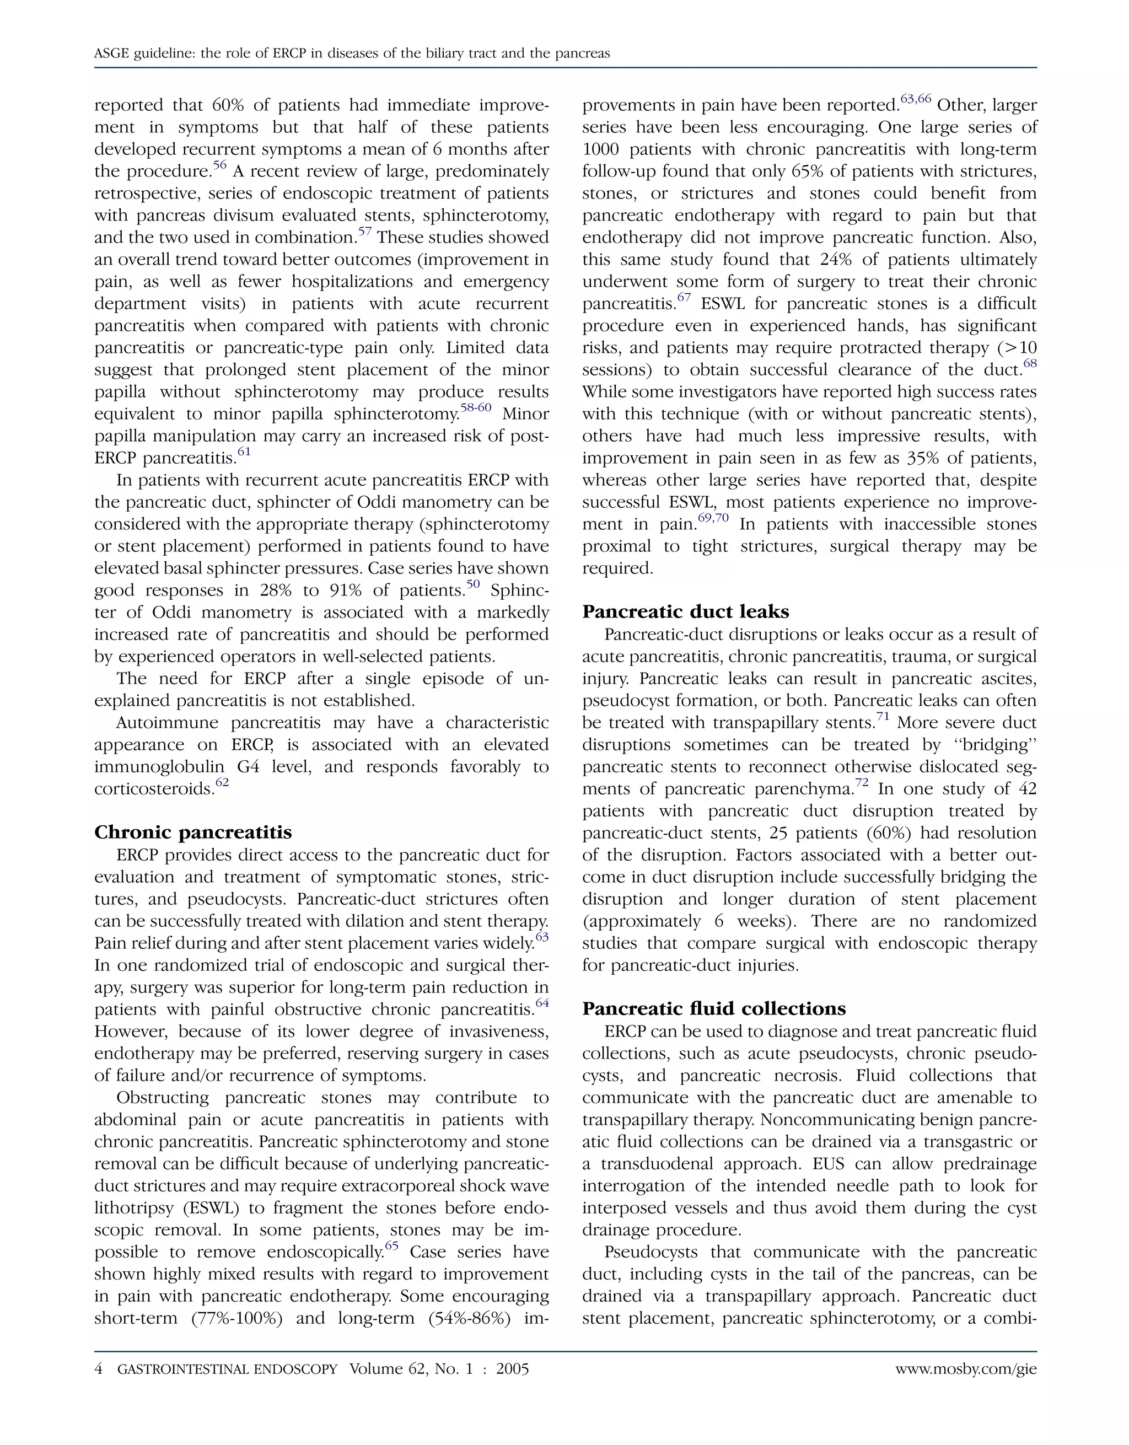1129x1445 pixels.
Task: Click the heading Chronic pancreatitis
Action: pyautogui.click(x=192, y=832)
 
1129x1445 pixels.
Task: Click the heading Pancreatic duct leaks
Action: pyautogui.click(x=685, y=611)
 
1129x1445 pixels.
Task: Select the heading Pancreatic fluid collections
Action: pyautogui.click(x=714, y=1008)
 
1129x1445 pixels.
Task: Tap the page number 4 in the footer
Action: pyautogui.click(x=99, y=1369)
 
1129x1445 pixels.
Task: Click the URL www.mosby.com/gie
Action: pyautogui.click(x=966, y=1369)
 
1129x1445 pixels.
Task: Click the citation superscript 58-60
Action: pyautogui.click(x=476, y=407)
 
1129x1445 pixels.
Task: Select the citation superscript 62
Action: pyautogui.click(x=222, y=783)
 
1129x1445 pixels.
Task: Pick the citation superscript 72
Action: pyautogui.click(x=862, y=783)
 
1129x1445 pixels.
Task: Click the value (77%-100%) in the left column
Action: pyautogui.click(x=237, y=1318)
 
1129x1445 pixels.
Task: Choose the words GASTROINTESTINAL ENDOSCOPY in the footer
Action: pyautogui.click(x=227, y=1369)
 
